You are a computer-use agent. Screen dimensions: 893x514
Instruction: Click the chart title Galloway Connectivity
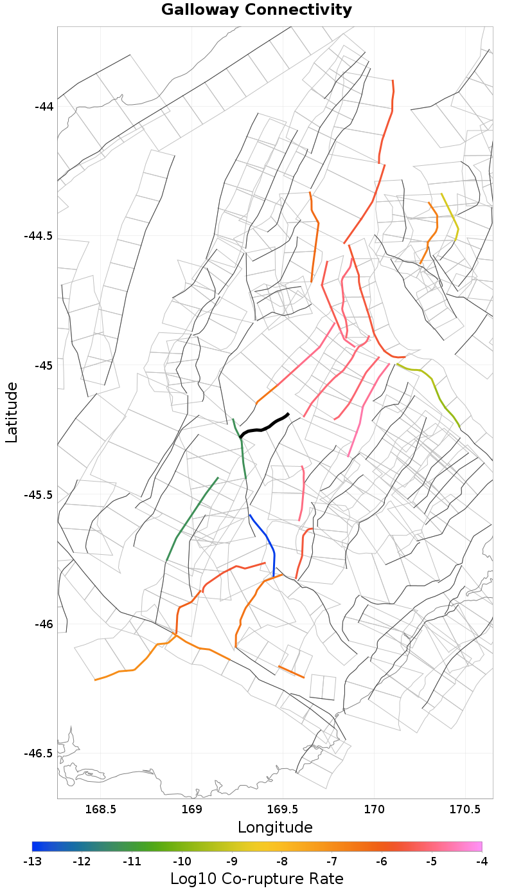click(256, 10)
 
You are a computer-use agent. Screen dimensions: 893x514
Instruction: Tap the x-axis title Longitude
click(275, 827)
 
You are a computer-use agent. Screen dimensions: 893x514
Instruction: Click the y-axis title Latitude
click(12, 411)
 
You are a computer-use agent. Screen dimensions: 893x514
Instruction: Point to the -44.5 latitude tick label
click(39, 236)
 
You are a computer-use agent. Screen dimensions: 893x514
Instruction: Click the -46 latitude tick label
click(44, 624)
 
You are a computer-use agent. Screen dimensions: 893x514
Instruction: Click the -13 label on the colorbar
click(32, 861)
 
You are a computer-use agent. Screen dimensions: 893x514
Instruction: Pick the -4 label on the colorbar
click(481, 861)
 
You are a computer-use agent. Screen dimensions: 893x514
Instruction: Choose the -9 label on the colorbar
click(232, 861)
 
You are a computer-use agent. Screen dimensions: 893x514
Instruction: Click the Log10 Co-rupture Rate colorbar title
click(257, 879)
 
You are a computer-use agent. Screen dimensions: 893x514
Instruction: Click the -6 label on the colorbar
click(382, 861)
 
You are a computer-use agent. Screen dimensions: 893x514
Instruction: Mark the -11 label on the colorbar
click(132, 861)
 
